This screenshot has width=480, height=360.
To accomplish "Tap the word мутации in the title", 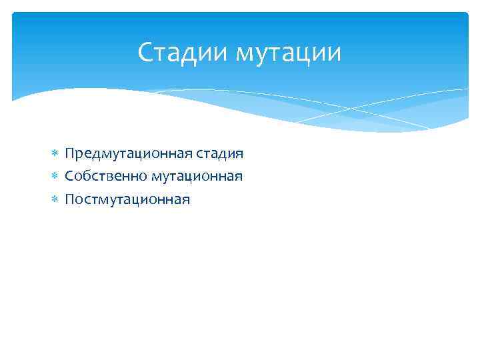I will [287, 53].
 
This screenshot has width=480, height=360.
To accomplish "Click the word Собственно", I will [106, 177].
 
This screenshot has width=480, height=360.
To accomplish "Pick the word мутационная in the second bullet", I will [197, 177].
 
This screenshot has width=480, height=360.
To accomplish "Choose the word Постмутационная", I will [127, 199].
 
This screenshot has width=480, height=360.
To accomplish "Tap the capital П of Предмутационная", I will [69, 154].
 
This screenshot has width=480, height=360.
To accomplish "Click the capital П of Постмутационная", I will [69, 199].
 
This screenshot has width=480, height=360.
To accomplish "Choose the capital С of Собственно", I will [69, 177].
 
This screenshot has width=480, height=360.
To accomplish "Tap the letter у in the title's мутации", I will [261, 55].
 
